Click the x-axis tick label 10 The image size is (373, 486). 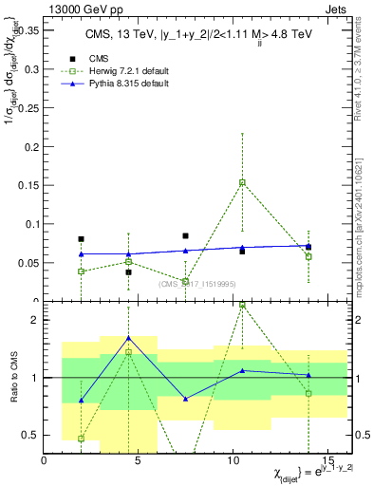click(234, 460)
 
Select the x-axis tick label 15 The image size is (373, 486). click(329, 460)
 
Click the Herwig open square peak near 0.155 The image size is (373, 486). click(242, 182)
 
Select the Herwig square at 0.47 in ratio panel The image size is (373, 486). click(82, 439)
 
